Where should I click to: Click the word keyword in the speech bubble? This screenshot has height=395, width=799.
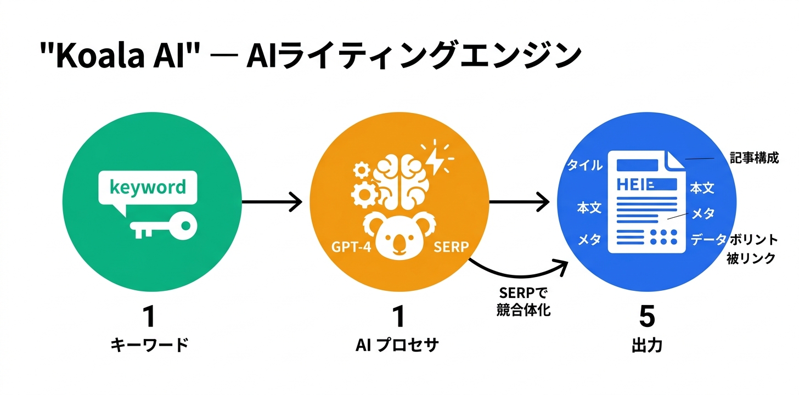(x=148, y=188)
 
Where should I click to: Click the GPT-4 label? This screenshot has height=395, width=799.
(x=351, y=247)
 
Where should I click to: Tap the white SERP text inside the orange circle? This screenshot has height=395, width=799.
(x=451, y=247)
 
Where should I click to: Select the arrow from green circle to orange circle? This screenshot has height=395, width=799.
(x=272, y=202)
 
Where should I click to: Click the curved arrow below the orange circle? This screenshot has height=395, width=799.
(x=516, y=272)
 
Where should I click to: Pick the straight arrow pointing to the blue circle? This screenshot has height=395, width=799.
(x=519, y=202)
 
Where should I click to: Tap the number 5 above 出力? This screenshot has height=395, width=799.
(x=647, y=317)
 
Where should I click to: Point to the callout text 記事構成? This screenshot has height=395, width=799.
(x=754, y=159)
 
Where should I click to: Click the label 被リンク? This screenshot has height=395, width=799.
(x=751, y=258)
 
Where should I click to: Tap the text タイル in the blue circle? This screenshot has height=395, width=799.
(x=584, y=165)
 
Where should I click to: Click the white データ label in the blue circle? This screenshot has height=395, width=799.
(x=708, y=239)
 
